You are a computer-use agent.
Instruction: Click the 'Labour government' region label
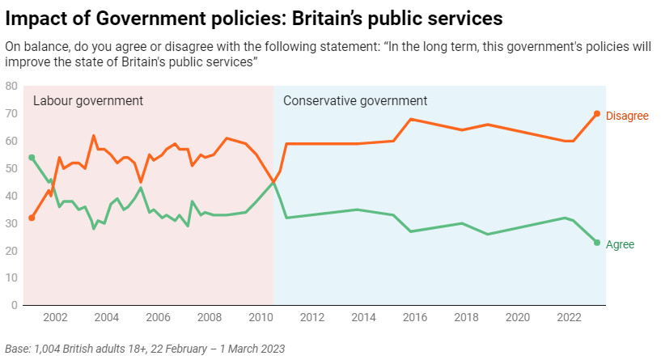(87, 101)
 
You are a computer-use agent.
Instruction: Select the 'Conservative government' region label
(355, 101)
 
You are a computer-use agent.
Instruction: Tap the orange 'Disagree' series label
(627, 116)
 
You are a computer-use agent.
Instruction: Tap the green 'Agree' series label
(621, 244)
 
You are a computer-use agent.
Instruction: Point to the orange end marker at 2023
(597, 114)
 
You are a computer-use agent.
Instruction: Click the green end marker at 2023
(597, 243)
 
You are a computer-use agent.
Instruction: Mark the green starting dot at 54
(32, 158)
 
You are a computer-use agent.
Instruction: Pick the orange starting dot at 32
(32, 218)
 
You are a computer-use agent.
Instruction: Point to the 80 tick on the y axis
(11, 86)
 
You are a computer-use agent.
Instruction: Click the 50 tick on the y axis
(11, 168)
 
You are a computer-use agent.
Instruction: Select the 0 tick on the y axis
(15, 306)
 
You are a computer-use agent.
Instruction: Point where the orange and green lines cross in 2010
(273, 183)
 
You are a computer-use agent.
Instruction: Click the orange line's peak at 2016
(411, 119)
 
